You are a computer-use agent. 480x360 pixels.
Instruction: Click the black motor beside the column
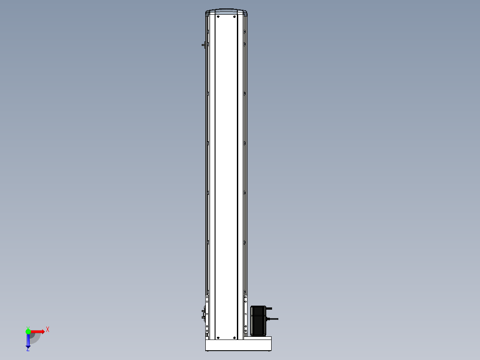258,321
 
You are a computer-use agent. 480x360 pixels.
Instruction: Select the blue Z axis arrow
28,340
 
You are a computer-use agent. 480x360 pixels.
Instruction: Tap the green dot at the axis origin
28,331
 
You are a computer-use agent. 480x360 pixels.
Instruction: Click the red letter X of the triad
48,330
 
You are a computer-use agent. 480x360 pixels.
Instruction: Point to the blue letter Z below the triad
28,349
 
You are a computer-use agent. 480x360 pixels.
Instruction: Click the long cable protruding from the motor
272,319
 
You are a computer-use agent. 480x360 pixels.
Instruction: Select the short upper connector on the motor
269,308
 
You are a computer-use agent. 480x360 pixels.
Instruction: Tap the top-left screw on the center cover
218,16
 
